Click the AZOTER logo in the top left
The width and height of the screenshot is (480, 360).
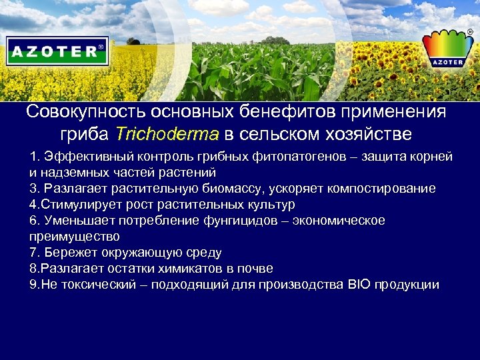57,51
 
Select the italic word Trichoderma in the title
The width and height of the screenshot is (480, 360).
167,134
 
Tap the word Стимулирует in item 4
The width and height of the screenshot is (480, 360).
79,205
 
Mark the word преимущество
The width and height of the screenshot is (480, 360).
75,237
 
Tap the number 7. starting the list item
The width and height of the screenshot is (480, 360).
35,253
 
